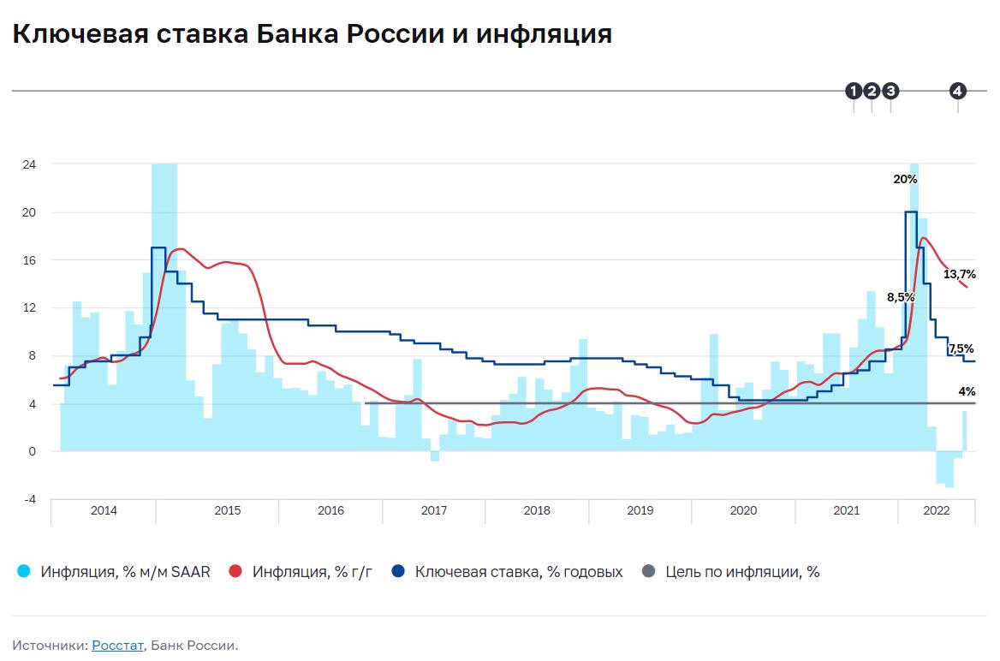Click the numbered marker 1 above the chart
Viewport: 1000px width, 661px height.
pos(854,91)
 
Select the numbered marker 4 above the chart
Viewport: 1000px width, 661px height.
pos(957,91)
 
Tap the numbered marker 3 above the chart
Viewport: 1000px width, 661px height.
pos(890,91)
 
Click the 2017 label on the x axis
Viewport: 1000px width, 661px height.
pos(434,510)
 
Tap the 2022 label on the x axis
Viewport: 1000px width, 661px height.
pos(935,510)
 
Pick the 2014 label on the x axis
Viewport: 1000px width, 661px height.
pos(104,510)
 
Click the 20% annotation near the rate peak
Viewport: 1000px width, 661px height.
pos(905,180)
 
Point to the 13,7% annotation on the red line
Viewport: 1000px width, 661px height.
pos(959,275)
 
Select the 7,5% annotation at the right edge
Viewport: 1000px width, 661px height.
pos(961,348)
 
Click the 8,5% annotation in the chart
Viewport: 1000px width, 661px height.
pos(901,297)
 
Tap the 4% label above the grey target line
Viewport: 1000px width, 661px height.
pos(967,391)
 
